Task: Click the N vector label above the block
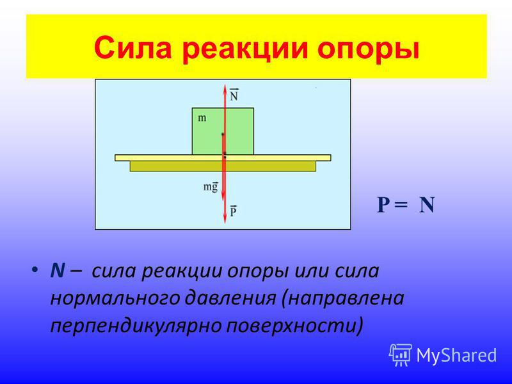234,94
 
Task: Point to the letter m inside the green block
202,118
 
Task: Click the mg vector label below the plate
211,187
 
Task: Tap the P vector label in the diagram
233,211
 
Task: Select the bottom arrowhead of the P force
225,220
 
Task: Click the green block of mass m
223,131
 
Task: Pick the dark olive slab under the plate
223,166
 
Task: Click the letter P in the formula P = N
383,205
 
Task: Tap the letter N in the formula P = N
427,205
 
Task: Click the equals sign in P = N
401,205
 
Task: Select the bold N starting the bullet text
58,270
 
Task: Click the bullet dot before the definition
35,270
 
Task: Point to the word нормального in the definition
115,299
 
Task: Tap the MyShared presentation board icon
401,355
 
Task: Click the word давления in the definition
230,298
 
